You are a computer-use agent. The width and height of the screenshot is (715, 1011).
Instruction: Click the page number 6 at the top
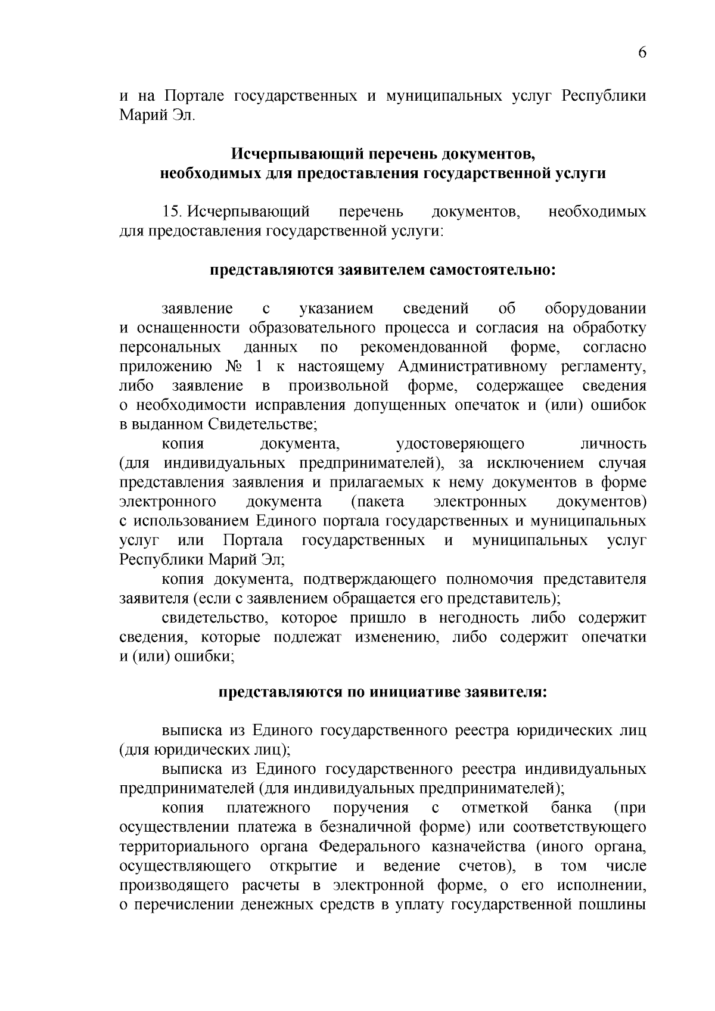pyautogui.click(x=642, y=53)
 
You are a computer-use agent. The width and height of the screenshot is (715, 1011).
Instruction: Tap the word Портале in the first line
pyautogui.click(x=193, y=95)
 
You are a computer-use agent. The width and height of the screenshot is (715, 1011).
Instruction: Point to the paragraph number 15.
pyautogui.click(x=173, y=211)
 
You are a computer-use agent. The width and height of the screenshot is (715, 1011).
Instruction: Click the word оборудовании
pyautogui.click(x=595, y=309)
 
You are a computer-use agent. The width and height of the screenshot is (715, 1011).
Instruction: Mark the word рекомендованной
pyautogui.click(x=424, y=347)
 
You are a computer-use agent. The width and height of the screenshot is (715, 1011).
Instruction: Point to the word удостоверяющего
pyautogui.click(x=459, y=444)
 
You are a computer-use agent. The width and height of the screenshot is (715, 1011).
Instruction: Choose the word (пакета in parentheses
pyautogui.click(x=378, y=502)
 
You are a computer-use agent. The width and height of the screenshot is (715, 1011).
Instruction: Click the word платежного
pyautogui.click(x=268, y=808)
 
